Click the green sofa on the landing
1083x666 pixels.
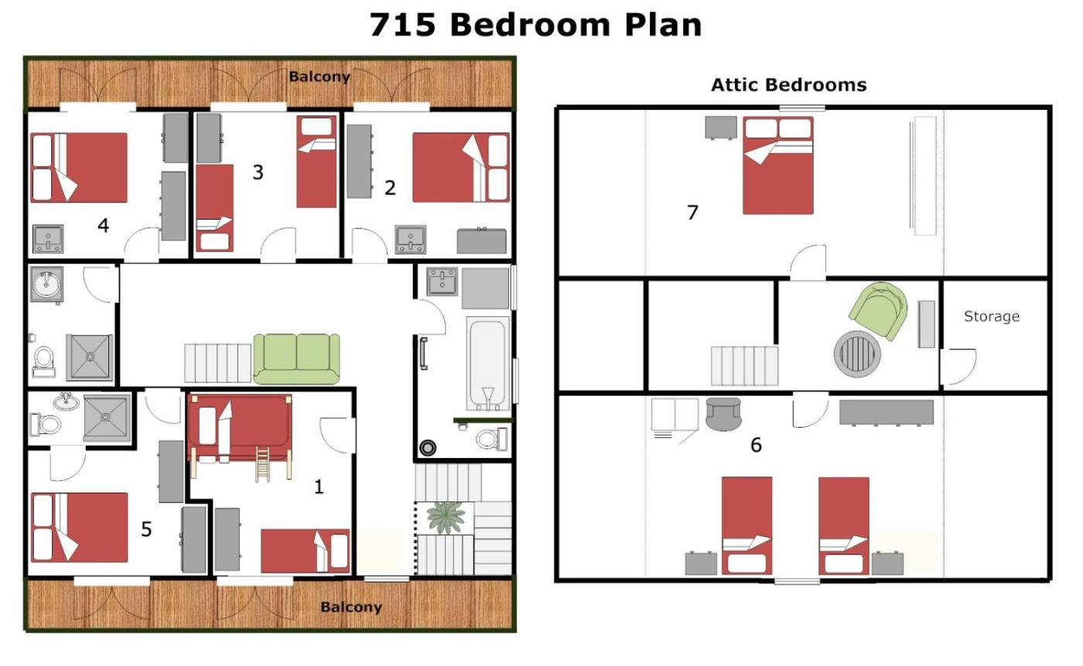coord(296,359)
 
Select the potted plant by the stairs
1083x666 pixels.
coord(446,517)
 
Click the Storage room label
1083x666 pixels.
coord(992,316)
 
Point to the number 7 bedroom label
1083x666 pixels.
coord(692,212)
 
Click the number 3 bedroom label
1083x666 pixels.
coord(258,172)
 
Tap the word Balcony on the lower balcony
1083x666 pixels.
coord(351,607)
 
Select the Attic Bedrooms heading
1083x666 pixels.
coord(788,85)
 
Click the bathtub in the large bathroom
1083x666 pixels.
coord(488,364)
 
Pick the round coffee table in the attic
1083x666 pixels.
coord(857,353)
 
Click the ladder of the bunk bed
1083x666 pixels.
coord(262,464)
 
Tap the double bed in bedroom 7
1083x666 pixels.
coord(778,166)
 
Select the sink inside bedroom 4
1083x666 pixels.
coord(48,239)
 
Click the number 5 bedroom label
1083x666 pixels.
coord(146,530)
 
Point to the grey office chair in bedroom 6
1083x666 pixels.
coord(723,414)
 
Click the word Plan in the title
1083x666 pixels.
coord(663,25)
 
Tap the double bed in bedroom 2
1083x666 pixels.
coord(461,167)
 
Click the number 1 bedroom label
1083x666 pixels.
coord(318,487)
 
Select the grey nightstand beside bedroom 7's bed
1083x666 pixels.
coord(721,128)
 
